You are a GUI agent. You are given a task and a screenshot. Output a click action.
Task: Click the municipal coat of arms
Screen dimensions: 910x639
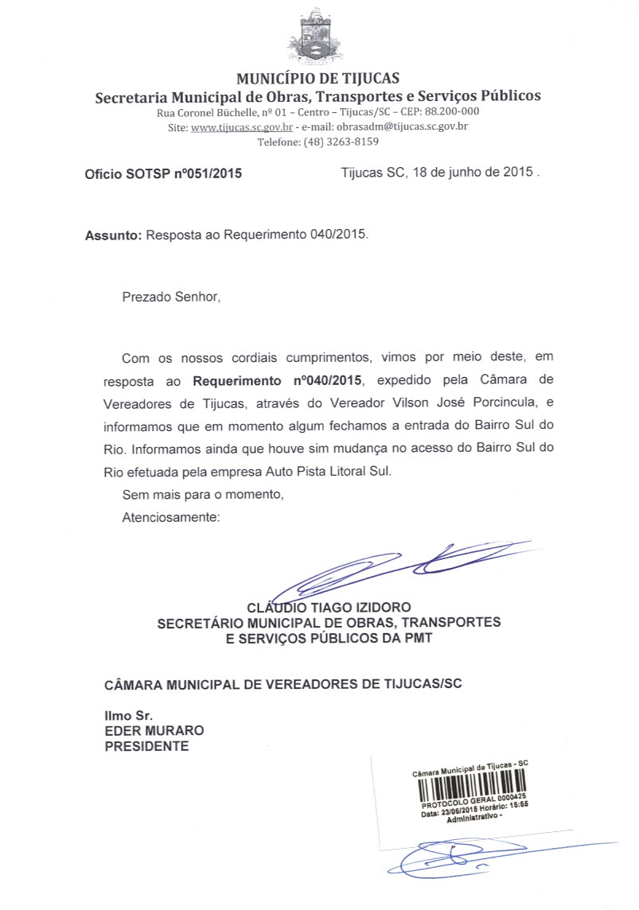tap(318, 37)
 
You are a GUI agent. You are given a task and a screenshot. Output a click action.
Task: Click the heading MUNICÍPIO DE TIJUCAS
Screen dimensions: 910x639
tap(318, 79)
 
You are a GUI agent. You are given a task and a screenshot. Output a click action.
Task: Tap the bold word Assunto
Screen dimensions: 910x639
tap(112, 235)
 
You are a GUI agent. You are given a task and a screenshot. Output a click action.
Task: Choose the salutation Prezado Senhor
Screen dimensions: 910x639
tap(169, 297)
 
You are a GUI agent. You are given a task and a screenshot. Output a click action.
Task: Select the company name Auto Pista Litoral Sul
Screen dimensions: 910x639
tap(327, 471)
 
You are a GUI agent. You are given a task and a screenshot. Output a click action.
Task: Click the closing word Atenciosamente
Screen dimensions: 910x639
tap(170, 517)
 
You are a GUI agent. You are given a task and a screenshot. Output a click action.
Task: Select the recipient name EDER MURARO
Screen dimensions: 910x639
tap(154, 730)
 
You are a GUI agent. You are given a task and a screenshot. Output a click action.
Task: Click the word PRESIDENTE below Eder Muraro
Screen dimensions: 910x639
tap(147, 746)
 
